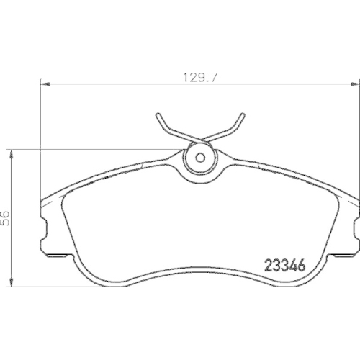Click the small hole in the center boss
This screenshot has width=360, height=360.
point(199,157)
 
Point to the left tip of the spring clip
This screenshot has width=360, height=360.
point(158,115)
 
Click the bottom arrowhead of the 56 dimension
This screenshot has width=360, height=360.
point(12,282)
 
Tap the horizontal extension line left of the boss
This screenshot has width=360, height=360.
point(94,149)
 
